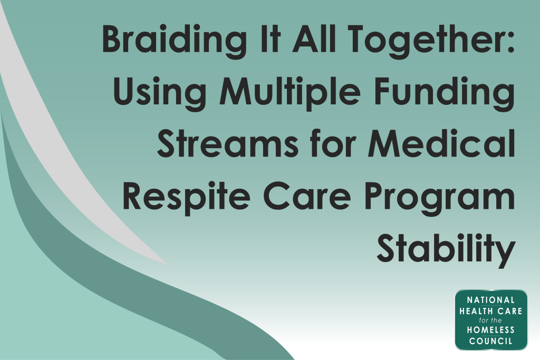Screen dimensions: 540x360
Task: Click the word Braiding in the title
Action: (x=174, y=41)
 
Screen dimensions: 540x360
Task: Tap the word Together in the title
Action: (x=426, y=41)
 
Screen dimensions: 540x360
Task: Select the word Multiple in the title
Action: (x=291, y=92)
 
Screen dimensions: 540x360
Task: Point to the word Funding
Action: (x=444, y=92)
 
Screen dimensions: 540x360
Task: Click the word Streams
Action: (x=228, y=144)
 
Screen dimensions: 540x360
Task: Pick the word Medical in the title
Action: (x=441, y=143)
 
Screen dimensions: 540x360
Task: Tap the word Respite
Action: (x=186, y=196)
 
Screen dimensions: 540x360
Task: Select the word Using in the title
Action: (x=160, y=93)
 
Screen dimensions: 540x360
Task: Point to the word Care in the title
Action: (x=307, y=196)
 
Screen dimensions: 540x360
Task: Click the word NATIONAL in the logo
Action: (x=491, y=300)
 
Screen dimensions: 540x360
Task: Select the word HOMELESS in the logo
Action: (x=491, y=330)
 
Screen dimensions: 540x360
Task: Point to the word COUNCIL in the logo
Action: (x=491, y=342)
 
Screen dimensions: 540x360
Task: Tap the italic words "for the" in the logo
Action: (x=490, y=320)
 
